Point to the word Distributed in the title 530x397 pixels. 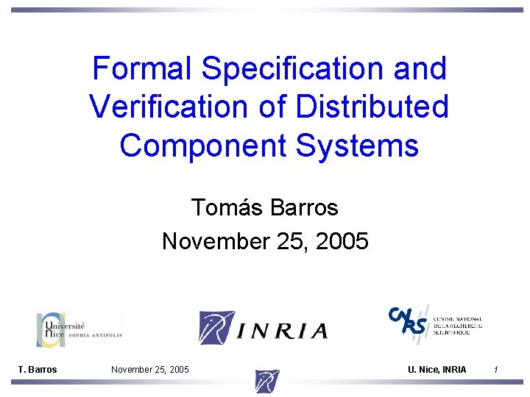[x=372, y=107]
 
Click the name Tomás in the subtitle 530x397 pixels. [x=227, y=208]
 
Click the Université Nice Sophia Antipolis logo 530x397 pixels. [x=79, y=329]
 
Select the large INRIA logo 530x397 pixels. [x=263, y=328]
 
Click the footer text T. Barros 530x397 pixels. [x=38, y=369]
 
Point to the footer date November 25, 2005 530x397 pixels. [x=149, y=369]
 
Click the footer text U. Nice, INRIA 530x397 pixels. [x=437, y=369]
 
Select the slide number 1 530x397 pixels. [x=497, y=369]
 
